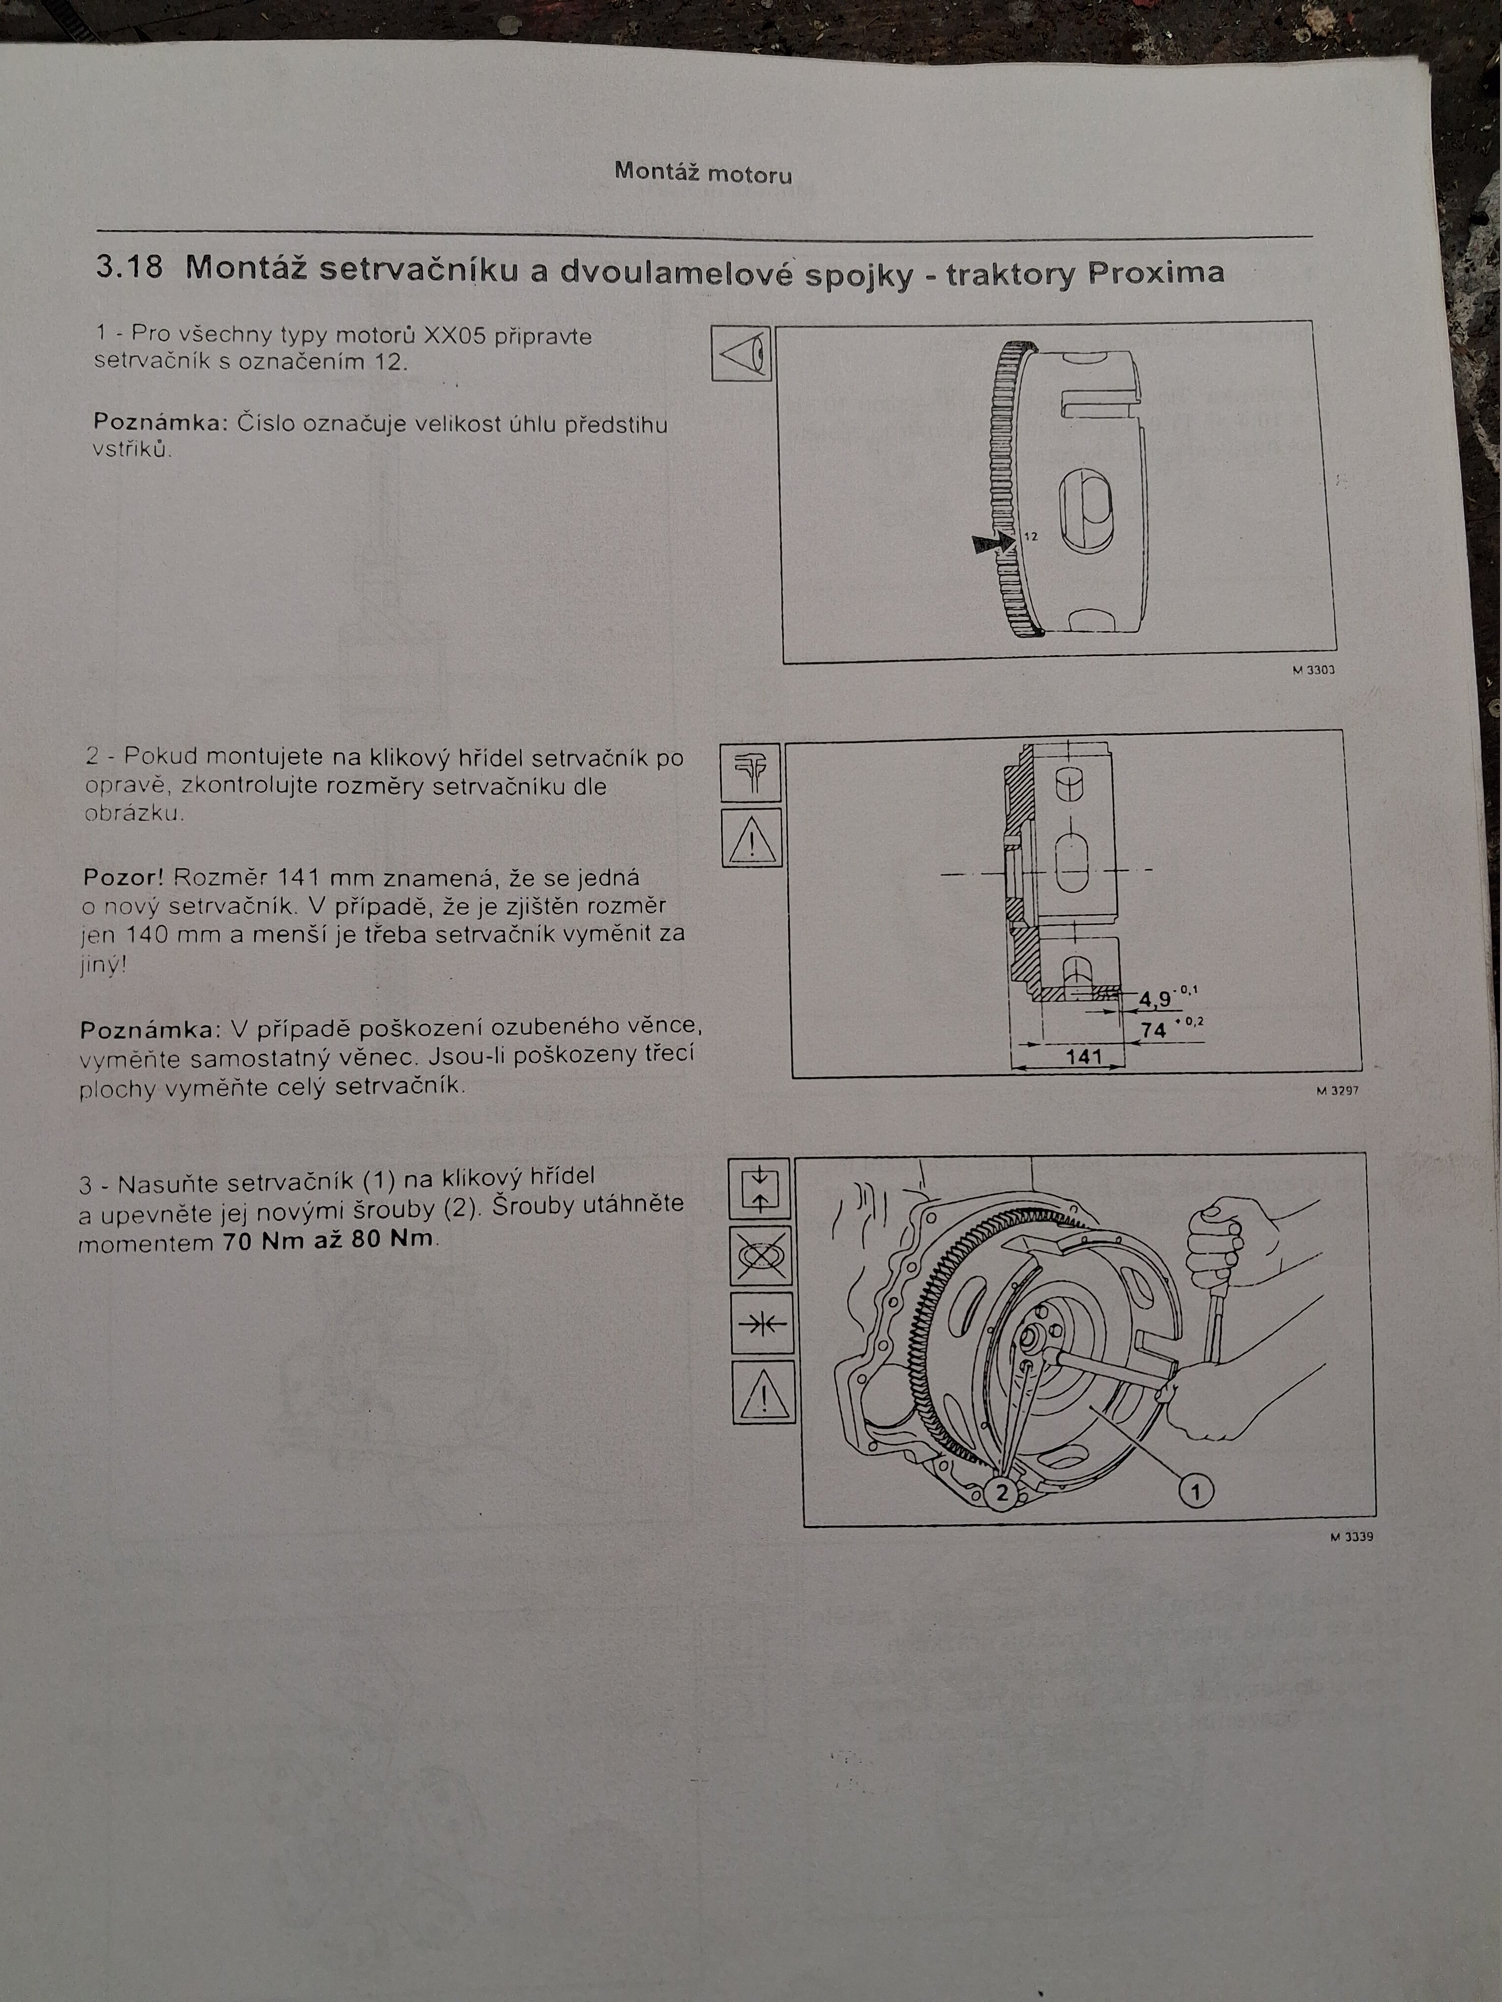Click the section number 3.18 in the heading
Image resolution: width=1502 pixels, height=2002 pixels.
[130, 268]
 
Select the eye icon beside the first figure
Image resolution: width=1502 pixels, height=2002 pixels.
[741, 352]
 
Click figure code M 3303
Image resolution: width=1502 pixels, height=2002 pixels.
[1313, 671]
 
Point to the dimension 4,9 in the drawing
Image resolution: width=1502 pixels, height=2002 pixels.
[1154, 999]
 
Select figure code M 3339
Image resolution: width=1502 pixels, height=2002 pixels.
[1352, 1536]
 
